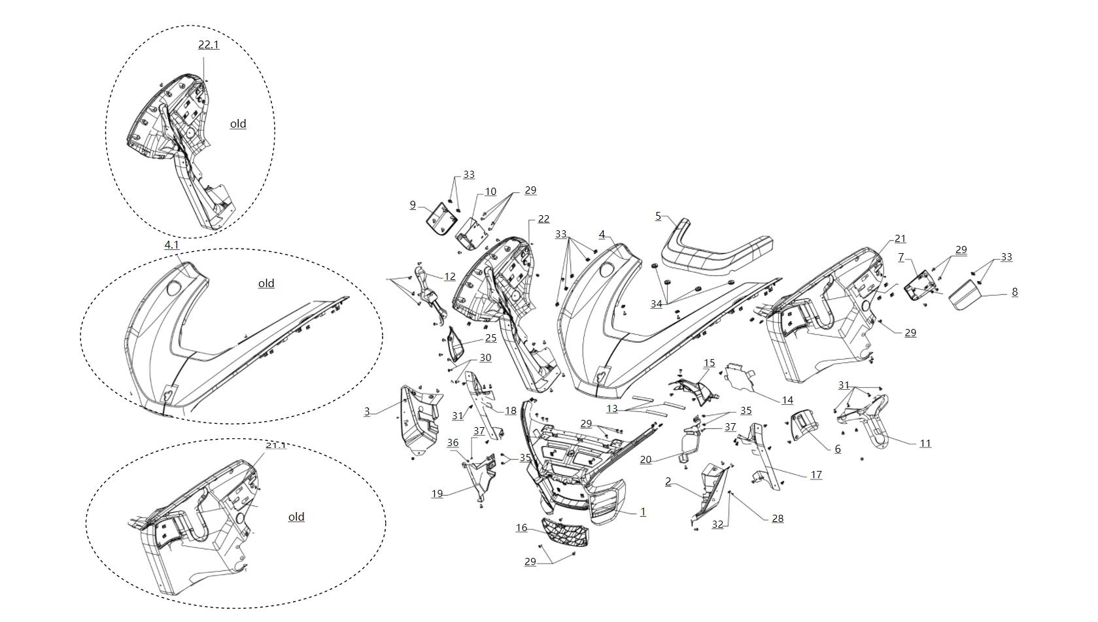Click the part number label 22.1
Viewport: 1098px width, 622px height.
pyautogui.click(x=209, y=44)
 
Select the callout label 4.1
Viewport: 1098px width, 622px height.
pyautogui.click(x=171, y=245)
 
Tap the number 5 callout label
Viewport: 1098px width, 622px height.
pyautogui.click(x=659, y=216)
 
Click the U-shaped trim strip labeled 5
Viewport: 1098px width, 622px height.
pyautogui.click(x=716, y=252)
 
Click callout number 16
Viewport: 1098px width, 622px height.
pyautogui.click(x=521, y=528)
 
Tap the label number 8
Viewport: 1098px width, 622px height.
pyautogui.click(x=1014, y=292)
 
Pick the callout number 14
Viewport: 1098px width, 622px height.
pyautogui.click(x=787, y=400)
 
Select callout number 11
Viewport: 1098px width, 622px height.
pyautogui.click(x=925, y=443)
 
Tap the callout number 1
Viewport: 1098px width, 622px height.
pyautogui.click(x=643, y=511)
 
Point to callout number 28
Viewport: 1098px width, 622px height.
pyautogui.click(x=778, y=518)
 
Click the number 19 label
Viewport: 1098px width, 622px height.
pyautogui.click(x=437, y=494)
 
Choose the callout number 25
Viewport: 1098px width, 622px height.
pyautogui.click(x=490, y=338)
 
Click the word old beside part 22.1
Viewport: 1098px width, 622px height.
pyautogui.click(x=238, y=124)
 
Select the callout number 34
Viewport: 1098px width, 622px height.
pyautogui.click(x=656, y=303)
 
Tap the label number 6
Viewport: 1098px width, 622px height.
pyautogui.click(x=837, y=449)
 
